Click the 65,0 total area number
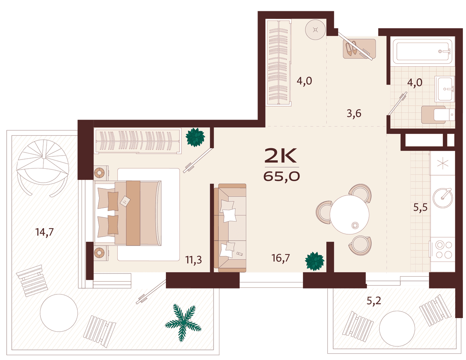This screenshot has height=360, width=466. click(281, 177)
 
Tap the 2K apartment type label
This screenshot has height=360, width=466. click(281, 156)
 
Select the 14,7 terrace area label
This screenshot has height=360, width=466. click(44, 232)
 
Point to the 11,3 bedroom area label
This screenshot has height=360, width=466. click(193, 260)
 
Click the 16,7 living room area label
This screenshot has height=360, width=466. click(280, 258)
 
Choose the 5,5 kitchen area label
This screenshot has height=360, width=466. click(420, 207)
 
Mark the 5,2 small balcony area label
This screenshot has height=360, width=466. click(374, 301)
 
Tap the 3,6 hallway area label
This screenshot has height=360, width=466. click(354, 114)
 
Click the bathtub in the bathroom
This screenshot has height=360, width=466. click(422, 51)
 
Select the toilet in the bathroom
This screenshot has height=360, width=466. click(438, 115)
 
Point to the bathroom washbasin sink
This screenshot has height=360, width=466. click(444, 89)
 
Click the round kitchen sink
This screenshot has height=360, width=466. click(443, 197)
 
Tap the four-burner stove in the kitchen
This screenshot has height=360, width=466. click(442, 249)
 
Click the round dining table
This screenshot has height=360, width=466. click(349, 215)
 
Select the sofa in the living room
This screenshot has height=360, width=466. click(230, 228)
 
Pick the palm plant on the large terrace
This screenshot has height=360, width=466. click(183, 322)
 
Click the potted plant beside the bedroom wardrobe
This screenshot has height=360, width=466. click(195, 137)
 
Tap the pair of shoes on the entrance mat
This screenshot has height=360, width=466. click(351, 48)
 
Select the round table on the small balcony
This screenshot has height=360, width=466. click(397, 329)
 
